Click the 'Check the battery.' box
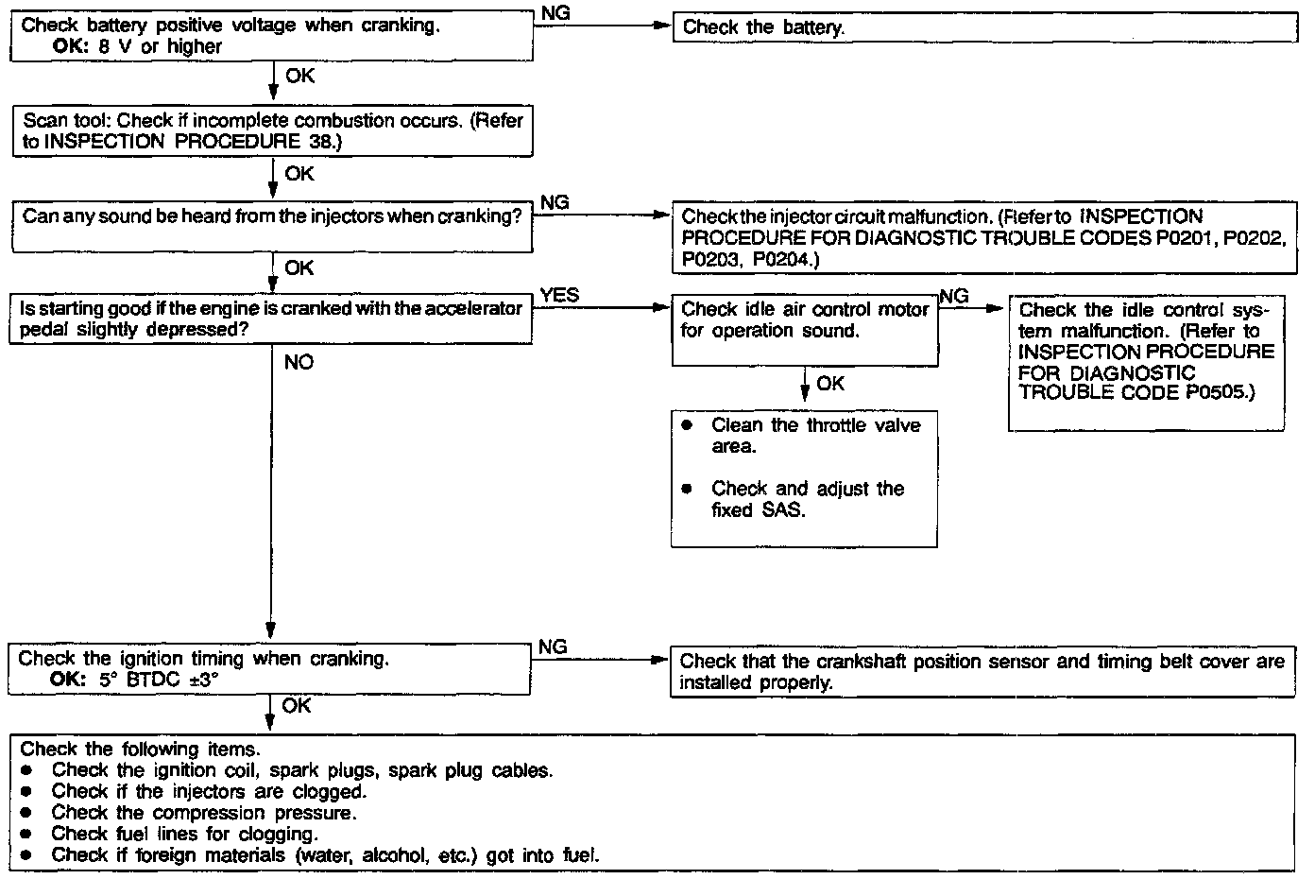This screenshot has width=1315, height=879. [x=982, y=27]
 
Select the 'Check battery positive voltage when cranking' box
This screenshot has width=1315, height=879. [x=272, y=36]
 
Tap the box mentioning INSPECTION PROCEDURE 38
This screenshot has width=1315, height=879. [x=272, y=131]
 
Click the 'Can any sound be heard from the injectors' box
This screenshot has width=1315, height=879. [x=272, y=227]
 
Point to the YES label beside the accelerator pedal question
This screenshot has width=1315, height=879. [x=559, y=296]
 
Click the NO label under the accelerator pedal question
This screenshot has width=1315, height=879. [x=299, y=363]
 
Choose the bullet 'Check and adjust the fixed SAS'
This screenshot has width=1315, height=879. [x=808, y=500]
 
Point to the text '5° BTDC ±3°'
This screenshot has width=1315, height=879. [x=158, y=680]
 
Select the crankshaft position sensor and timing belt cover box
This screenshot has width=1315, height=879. [x=982, y=672]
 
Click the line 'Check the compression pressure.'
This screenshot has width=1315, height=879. [x=203, y=813]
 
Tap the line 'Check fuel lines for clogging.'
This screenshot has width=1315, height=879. [x=183, y=834]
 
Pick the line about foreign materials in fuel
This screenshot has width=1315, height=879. [x=325, y=855]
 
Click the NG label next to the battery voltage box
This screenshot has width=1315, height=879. [x=555, y=12]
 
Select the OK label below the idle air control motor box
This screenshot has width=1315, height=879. [x=830, y=384]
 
